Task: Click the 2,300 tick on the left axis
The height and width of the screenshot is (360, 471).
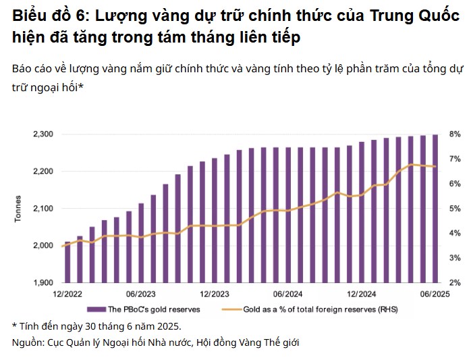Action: (43, 134)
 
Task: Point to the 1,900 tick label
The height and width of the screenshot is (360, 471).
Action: (43, 282)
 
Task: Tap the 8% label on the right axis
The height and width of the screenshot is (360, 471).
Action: (455, 134)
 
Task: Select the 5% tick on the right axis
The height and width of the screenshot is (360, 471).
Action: (455, 209)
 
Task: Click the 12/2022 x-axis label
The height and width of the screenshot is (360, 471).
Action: (67, 294)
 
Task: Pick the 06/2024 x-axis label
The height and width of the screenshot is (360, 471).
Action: (287, 294)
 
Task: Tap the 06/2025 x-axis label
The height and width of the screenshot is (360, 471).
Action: (435, 294)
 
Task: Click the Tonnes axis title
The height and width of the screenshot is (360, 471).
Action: (18, 208)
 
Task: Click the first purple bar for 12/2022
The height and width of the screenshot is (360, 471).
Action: (67, 262)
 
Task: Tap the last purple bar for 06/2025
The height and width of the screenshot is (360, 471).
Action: (435, 208)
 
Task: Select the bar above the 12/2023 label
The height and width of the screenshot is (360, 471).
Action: (215, 220)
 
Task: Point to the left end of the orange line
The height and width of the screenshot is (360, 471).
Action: (63, 247)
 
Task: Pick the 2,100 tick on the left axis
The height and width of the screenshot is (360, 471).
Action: (43, 209)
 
